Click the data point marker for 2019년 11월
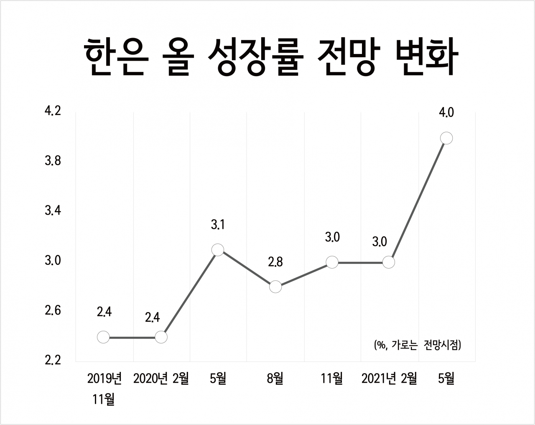pyautogui.click(x=103, y=337)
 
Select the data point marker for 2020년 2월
pyautogui.click(x=161, y=337)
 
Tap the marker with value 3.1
pyautogui.click(x=217, y=250)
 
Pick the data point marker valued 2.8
pyautogui.click(x=275, y=287)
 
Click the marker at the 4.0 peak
pyautogui.click(x=446, y=138)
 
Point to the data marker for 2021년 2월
pyautogui.click(x=389, y=262)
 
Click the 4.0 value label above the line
pyautogui.click(x=446, y=113)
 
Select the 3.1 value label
pyautogui.click(x=218, y=225)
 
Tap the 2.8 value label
pyautogui.click(x=275, y=262)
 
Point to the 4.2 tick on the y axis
pyautogui.click(x=53, y=111)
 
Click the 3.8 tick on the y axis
pyautogui.click(x=53, y=161)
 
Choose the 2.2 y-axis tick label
pyautogui.click(x=53, y=361)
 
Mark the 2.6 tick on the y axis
pyautogui.click(x=53, y=311)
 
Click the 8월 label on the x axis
pyautogui.click(x=275, y=379)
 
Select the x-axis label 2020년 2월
pyautogui.click(x=161, y=379)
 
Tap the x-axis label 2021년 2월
pyautogui.click(x=389, y=379)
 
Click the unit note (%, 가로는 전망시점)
pyautogui.click(x=418, y=345)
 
